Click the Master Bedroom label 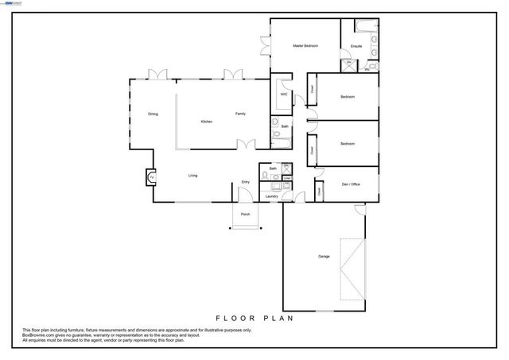click(x=305, y=46)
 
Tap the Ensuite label click(x=356, y=46)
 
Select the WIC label click(x=283, y=94)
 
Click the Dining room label click(x=153, y=114)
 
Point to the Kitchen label click(x=206, y=121)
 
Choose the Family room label click(x=240, y=114)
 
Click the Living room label click(x=192, y=175)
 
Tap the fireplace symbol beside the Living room click(x=150, y=177)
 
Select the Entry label click(x=246, y=183)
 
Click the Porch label click(x=246, y=215)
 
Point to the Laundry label click(x=272, y=195)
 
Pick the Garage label click(x=324, y=256)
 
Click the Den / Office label click(x=351, y=184)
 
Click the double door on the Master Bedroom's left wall click(x=264, y=46)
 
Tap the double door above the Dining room click(x=159, y=75)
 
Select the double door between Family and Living click(x=248, y=144)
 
